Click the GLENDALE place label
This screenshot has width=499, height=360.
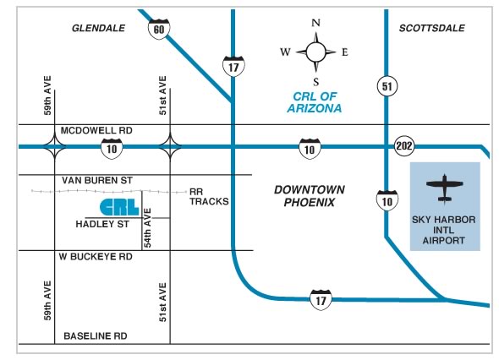coord(98,28)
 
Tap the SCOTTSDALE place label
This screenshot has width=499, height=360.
coord(432,28)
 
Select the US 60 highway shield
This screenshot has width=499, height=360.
coord(159,29)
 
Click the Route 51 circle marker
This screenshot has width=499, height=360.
coord(387,86)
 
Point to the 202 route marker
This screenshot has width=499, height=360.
coord(404,146)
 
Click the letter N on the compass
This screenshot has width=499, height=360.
coord(315,23)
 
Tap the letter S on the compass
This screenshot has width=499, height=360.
coord(315,82)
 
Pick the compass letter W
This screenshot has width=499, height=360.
coord(285,52)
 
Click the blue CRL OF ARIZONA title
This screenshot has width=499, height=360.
coord(315,102)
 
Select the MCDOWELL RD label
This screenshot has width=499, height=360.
coord(96,130)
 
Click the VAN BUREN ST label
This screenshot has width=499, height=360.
coord(97,181)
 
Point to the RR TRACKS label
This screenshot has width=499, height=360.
coord(209,197)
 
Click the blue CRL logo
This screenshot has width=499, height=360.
coord(119,207)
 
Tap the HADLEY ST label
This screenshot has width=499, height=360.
coord(102,224)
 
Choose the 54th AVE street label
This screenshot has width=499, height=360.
coord(147,227)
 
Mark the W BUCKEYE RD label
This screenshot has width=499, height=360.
coord(96,257)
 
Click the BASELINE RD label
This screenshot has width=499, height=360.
coord(96,335)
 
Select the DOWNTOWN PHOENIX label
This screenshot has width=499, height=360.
coord(310,196)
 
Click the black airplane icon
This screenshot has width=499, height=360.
coord(445,188)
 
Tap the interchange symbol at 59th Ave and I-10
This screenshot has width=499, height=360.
coord(55,146)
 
